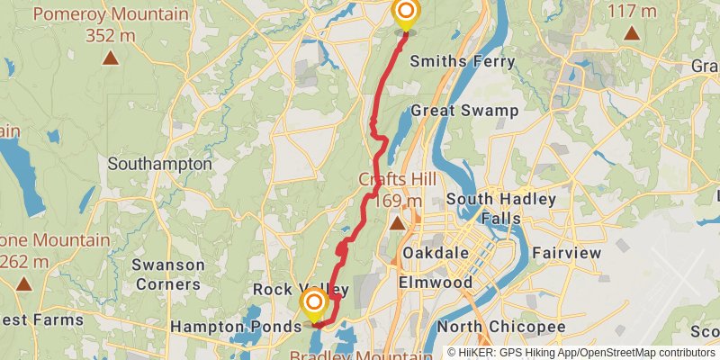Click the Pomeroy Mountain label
point(111,14)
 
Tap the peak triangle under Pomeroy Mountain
point(111,58)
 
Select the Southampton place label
point(159,165)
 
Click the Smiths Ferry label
point(463,62)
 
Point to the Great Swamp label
point(464,111)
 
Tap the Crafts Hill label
point(399,178)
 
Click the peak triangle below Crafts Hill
point(398,221)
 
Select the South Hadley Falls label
point(501,209)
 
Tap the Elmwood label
point(436,283)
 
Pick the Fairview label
point(566,254)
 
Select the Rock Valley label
point(287,290)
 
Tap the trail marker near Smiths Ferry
point(405,13)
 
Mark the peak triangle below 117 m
point(632,34)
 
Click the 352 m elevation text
point(111,36)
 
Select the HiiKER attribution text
point(581,353)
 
